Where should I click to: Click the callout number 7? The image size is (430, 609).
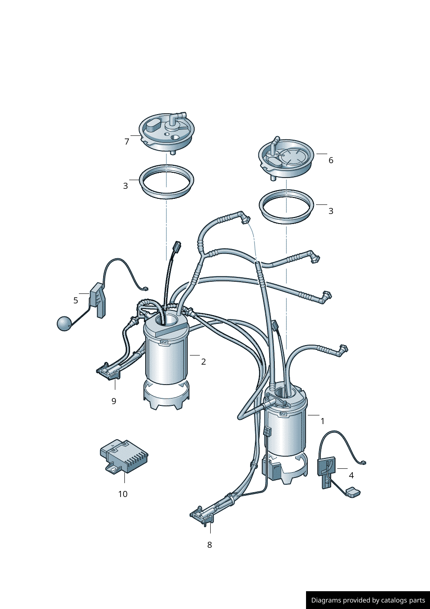coord(127,142)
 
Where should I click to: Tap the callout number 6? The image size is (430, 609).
coord(331,161)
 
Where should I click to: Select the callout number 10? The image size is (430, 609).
coord(123,494)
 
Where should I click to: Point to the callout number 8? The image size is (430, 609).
coord(209,545)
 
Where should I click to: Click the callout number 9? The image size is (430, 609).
coord(114,401)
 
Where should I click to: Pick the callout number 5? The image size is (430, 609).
coord(75,300)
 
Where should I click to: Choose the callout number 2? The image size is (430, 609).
coord(203,362)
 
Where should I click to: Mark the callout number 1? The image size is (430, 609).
coord(322,421)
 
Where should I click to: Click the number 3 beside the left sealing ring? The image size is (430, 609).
coord(125,186)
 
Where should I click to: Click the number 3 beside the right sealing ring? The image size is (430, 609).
coord(331,211)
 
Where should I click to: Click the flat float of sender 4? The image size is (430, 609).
coord(353,492)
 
